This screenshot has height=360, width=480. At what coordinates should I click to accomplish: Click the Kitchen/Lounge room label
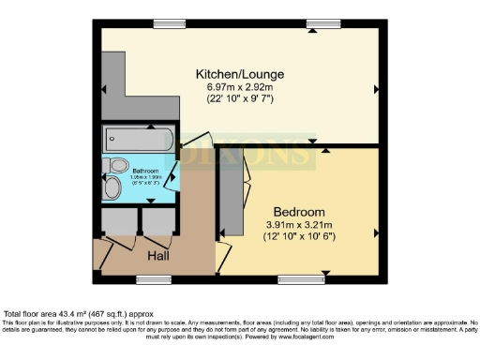pos(239,73)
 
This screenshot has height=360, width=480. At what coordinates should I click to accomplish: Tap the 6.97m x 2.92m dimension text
pos(239,86)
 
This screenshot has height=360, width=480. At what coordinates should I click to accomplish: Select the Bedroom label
pos(299,212)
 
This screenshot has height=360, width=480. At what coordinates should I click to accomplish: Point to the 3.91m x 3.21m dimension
pos(299,225)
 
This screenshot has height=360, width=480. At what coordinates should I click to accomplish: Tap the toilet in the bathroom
pos(118,166)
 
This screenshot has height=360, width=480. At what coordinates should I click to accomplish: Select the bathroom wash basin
pos(112,188)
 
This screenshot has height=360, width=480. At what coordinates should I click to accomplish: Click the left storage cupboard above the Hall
pos(120,222)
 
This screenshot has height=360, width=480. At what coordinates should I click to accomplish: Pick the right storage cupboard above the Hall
pos(157,222)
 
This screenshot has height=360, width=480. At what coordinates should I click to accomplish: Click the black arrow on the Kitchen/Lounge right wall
pos(377,89)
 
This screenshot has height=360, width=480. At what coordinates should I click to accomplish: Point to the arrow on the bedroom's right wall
pos(377,231)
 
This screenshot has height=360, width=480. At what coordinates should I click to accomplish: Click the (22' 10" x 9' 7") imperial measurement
pos(239,98)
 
